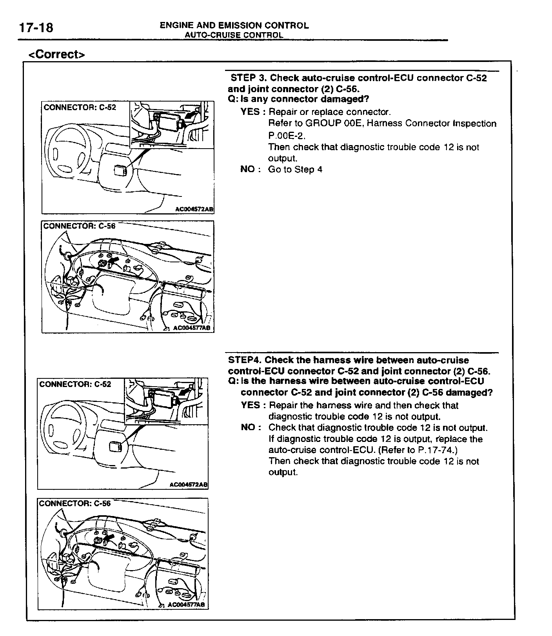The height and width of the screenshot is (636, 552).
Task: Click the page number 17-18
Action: click(36, 28)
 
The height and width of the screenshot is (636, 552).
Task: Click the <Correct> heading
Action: click(56, 54)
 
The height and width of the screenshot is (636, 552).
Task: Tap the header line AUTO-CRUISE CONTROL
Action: click(234, 35)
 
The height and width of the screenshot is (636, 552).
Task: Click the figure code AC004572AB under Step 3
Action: click(194, 209)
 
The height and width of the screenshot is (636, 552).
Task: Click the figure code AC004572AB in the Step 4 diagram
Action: click(188, 485)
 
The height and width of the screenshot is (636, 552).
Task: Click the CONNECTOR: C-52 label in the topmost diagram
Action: click(80, 107)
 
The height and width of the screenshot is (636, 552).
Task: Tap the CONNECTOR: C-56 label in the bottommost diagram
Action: click(75, 503)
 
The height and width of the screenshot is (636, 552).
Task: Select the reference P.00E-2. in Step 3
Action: click(287, 136)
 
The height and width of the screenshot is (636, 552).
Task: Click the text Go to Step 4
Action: click(295, 169)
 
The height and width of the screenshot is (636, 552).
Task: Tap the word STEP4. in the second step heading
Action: click(245, 360)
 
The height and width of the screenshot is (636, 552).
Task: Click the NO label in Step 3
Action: click(249, 169)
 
